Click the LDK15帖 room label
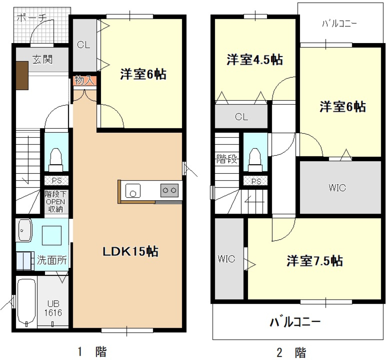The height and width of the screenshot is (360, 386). pos(130,252)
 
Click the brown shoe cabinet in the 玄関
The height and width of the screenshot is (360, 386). pos(22,76)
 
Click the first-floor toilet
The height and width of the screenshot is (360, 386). pos(55,158)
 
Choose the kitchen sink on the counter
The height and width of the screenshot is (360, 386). pos(133,190)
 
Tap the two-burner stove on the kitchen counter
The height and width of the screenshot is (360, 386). pos(169,190)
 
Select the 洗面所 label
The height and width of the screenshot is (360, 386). pos(52,260)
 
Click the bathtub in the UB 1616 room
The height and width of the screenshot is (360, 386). pos(27,301)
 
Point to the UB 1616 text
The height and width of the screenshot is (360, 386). pos(53,308)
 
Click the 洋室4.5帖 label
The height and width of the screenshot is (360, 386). pos(254,60)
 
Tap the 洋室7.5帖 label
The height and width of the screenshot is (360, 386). pos(314,261)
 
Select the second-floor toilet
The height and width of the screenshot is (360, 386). pos(255,158)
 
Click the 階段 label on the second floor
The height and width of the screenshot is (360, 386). pos(227,159)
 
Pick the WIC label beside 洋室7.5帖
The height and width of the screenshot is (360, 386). pos(226,259)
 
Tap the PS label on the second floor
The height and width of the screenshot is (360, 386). pos(256,181)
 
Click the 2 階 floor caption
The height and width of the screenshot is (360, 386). pos(292,352)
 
